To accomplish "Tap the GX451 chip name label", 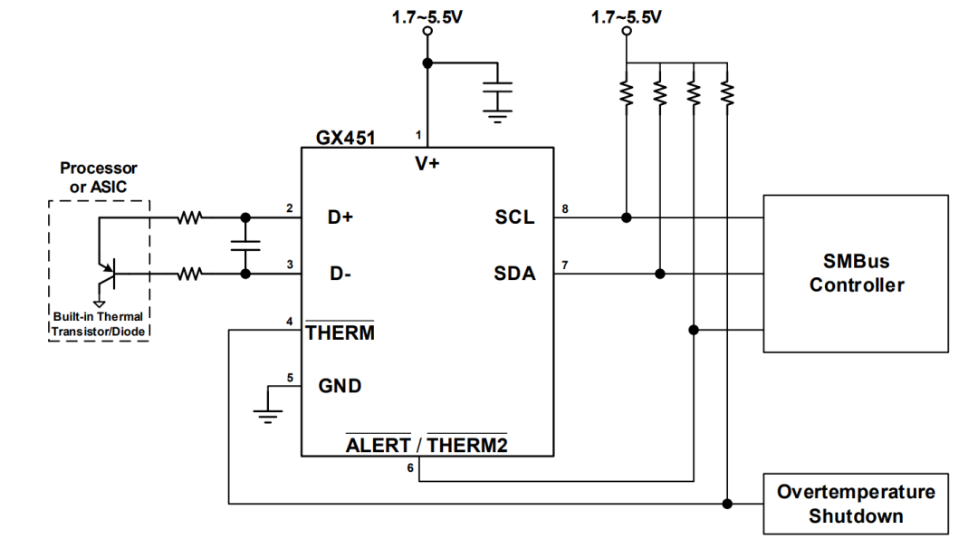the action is click(346, 138).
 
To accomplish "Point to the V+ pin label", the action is click(427, 163).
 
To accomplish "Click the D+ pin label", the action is click(340, 217).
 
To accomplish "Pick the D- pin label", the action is click(340, 274).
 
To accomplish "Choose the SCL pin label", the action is click(514, 217).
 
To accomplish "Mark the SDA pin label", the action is click(514, 274).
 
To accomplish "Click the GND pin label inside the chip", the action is click(340, 386).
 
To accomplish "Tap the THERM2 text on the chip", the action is click(467, 446).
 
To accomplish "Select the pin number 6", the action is click(410, 467).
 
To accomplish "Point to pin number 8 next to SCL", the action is click(565, 209).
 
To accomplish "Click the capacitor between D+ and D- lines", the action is click(245, 245).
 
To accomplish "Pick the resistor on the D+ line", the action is click(189, 217).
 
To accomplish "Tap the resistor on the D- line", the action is click(189, 274).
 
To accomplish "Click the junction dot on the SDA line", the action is click(660, 274).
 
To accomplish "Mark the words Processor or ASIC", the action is click(99, 178).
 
